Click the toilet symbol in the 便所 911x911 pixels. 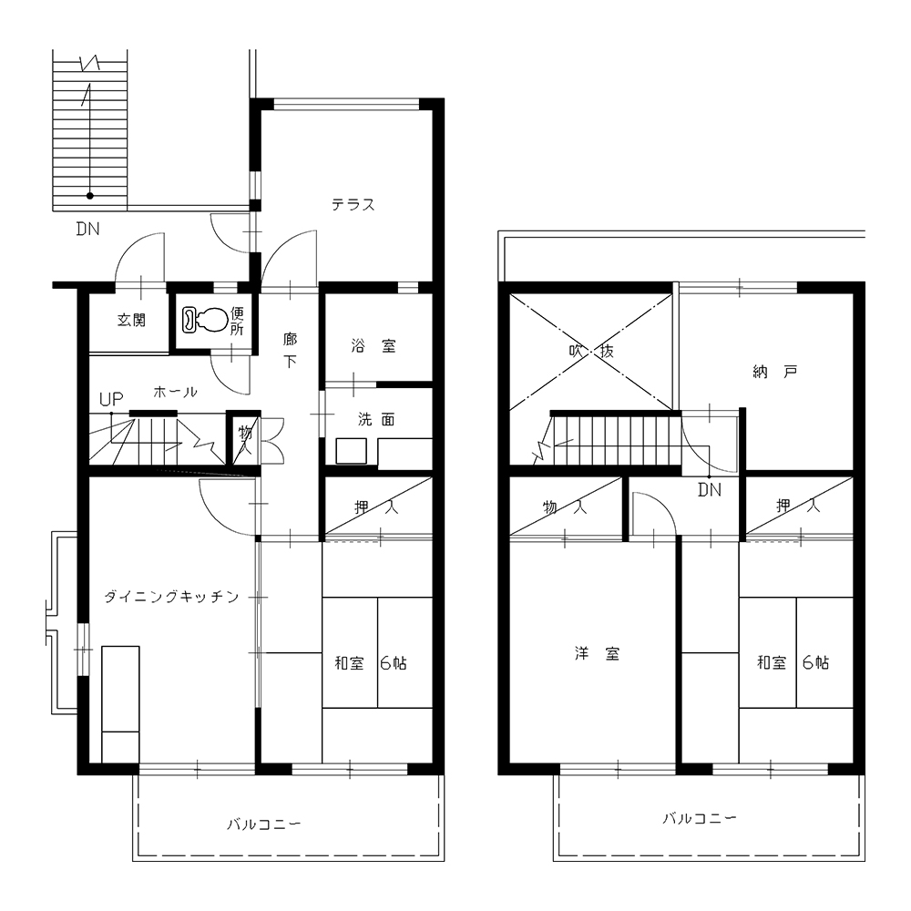point(204,320)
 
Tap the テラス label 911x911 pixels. point(353,204)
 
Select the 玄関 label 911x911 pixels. point(131,320)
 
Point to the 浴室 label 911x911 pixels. point(374,346)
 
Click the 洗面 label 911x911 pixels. point(376,419)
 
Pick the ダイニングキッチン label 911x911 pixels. point(171,597)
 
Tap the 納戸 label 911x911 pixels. point(775,372)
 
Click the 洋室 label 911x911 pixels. point(598,654)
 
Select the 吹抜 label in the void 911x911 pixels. point(591,351)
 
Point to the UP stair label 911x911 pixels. point(111,399)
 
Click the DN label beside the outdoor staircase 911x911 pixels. point(87,229)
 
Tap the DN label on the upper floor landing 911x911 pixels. point(710,490)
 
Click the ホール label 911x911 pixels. point(175,392)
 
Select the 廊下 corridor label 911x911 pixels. point(290,350)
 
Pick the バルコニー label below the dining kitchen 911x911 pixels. point(264,824)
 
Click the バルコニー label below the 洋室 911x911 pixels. point(700,819)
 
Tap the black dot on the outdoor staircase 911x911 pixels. point(90,196)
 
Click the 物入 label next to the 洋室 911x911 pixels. point(565,507)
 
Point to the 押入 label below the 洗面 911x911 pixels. point(376,507)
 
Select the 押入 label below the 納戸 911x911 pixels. point(798,506)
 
